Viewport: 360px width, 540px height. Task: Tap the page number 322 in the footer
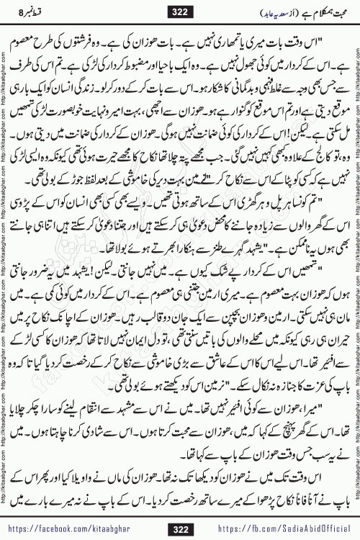coord(179,516)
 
